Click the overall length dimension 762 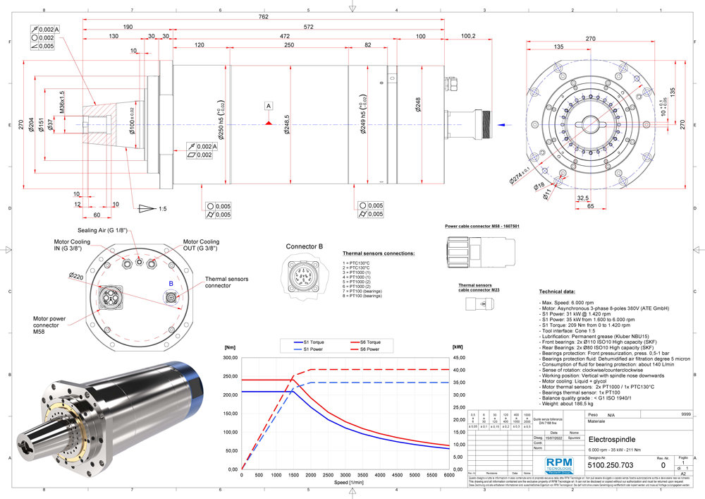coord(264,16)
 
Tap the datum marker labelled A coord(268,106)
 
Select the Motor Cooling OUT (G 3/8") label coord(200,244)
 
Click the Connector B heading coord(305,246)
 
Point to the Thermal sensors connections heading coord(378,253)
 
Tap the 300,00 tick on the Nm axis coord(229,358)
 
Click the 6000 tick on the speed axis coord(448,475)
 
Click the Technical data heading coord(560,291)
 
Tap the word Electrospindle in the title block coord(611,439)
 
